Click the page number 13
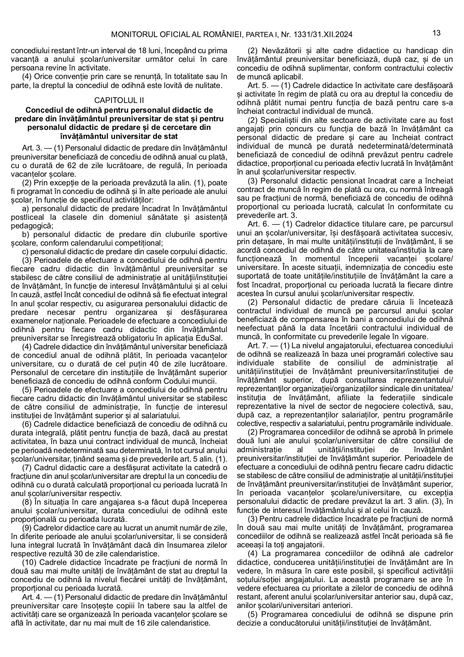tap(436, 33)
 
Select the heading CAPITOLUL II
tap(119, 100)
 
